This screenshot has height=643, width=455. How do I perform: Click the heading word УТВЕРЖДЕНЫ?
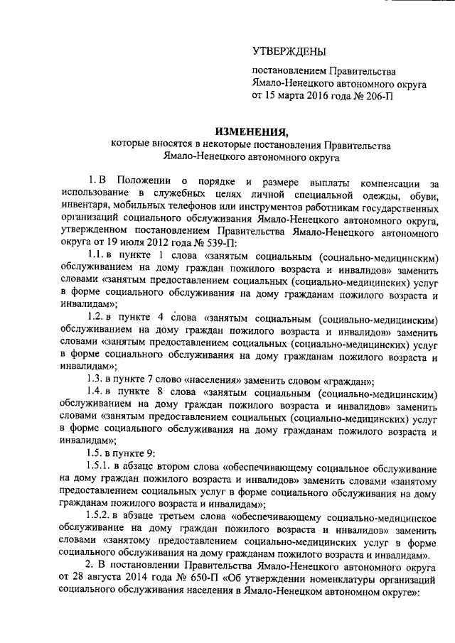point(289,51)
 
